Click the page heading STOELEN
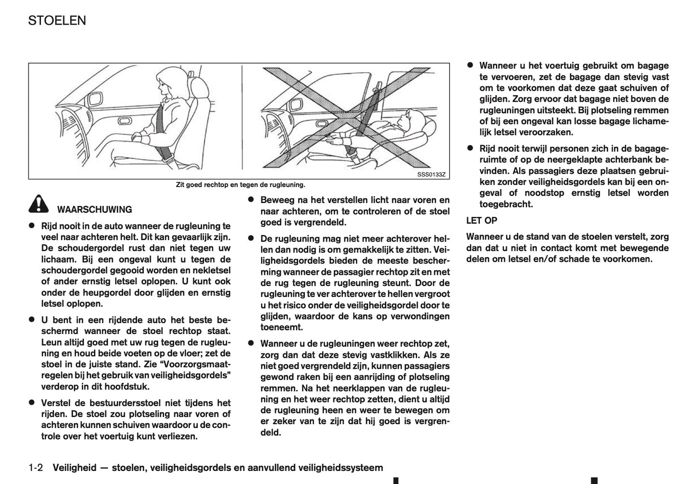[57, 20]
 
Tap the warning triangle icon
[38, 205]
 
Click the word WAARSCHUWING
[95, 210]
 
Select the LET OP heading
[481, 221]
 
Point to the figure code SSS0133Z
[431, 175]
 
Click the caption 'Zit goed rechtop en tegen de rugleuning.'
[240, 185]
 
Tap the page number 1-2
[36, 468]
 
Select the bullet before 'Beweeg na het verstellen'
[251, 200]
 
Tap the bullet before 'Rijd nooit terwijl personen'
[470, 148]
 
